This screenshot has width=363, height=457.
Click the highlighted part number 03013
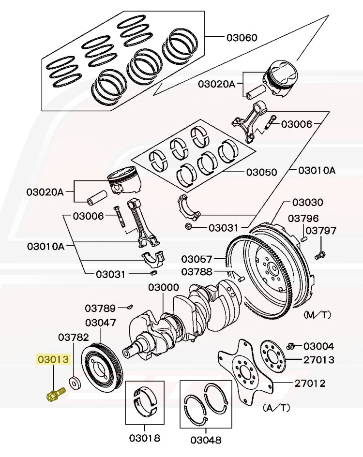pyautogui.click(x=53, y=359)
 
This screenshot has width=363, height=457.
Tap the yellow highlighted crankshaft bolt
pyautogui.click(x=56, y=394)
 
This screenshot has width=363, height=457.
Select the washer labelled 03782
pyautogui.click(x=75, y=382)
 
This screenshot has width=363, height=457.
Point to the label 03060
pyautogui.click(x=242, y=38)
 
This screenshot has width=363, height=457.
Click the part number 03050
pyautogui.click(x=262, y=172)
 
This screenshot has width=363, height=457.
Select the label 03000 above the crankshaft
pyautogui.click(x=164, y=287)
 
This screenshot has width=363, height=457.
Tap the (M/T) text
pyautogui.click(x=318, y=314)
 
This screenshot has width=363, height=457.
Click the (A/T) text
pyautogui.click(x=277, y=408)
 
